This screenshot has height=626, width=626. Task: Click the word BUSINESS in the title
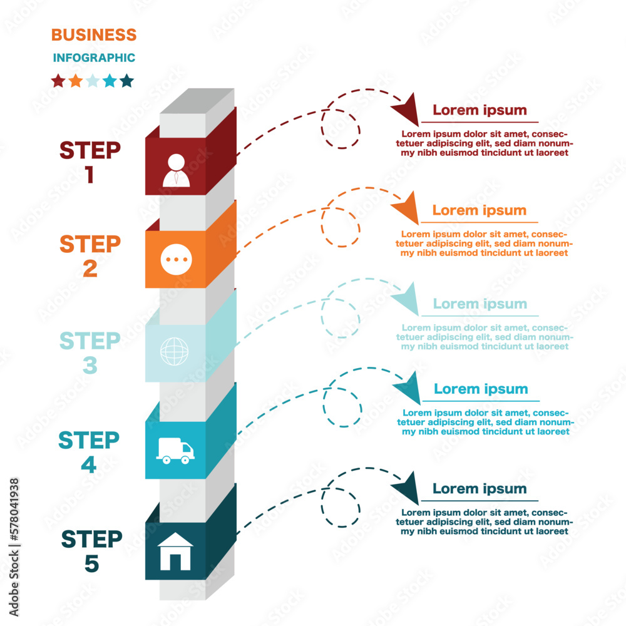click(x=93, y=34)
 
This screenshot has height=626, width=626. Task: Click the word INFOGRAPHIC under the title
click(x=94, y=58)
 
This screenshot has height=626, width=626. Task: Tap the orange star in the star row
click(x=75, y=81)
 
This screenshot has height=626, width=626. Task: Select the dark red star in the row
click(x=58, y=81)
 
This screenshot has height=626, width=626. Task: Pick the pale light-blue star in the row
click(x=93, y=81)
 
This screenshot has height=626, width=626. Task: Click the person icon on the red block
click(x=176, y=170)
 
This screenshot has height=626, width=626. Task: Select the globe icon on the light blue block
click(x=173, y=351)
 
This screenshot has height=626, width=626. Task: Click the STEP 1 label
click(x=90, y=162)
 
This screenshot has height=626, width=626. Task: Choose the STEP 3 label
click(x=90, y=352)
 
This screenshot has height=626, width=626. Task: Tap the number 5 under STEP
click(x=91, y=564)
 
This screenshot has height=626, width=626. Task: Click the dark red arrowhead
click(x=406, y=109)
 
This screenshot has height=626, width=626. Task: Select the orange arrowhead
click(x=407, y=208)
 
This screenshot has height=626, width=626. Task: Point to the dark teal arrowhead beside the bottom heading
click(x=407, y=487)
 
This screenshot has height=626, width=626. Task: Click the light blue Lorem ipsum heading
click(x=480, y=304)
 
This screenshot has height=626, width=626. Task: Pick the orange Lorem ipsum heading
click(x=479, y=210)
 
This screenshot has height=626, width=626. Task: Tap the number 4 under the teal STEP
click(x=89, y=465)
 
